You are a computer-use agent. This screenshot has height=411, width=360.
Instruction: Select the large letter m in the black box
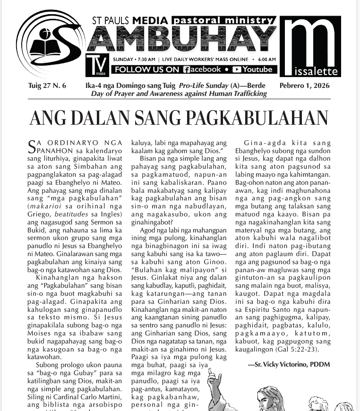pos(310,43)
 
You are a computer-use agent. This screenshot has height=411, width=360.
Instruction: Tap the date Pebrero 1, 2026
pos(305,86)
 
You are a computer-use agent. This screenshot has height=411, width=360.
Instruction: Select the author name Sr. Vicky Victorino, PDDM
pos(288,364)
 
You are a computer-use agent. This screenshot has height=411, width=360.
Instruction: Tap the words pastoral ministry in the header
pos(223,20)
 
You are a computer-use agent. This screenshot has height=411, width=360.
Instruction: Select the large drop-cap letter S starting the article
pos(32,145)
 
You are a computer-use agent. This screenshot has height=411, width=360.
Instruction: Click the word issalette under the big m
pos(315,72)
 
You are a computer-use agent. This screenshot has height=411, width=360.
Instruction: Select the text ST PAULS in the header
pos(111,21)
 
